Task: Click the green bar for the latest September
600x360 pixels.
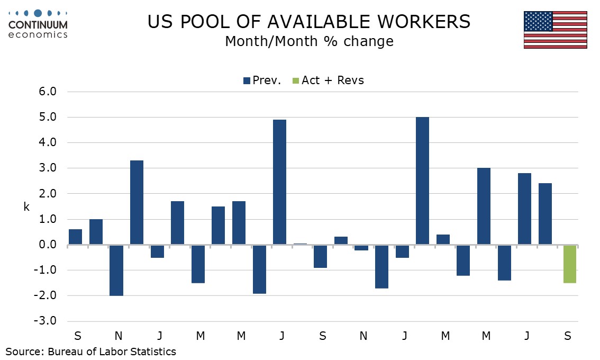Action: tap(570, 264)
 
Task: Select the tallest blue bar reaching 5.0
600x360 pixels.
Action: tap(422, 181)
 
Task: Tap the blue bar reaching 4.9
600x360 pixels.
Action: tap(279, 182)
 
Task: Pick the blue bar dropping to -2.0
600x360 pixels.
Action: tap(116, 270)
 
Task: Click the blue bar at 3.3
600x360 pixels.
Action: tap(137, 202)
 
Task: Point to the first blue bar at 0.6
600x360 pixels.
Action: tap(76, 237)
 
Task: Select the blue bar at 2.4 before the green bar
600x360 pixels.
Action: tap(546, 214)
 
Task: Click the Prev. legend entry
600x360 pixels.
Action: tap(262, 80)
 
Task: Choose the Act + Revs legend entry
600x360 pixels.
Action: tap(328, 80)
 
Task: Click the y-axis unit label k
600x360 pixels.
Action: tap(26, 207)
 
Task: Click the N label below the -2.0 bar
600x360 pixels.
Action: tap(118, 336)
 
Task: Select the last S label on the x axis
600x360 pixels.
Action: tap(567, 336)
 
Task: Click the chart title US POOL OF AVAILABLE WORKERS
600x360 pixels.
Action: tap(309, 22)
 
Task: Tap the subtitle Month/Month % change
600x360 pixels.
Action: tap(309, 41)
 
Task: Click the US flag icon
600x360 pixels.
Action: tap(555, 30)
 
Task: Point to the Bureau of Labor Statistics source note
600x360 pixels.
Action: tap(91, 351)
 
